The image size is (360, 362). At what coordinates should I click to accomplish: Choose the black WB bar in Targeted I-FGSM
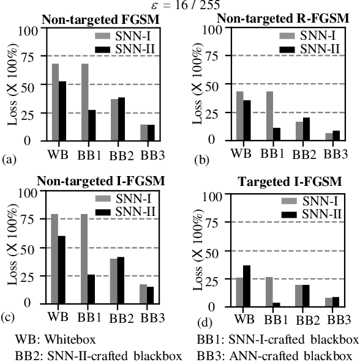pyautogui.click(x=247, y=286)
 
